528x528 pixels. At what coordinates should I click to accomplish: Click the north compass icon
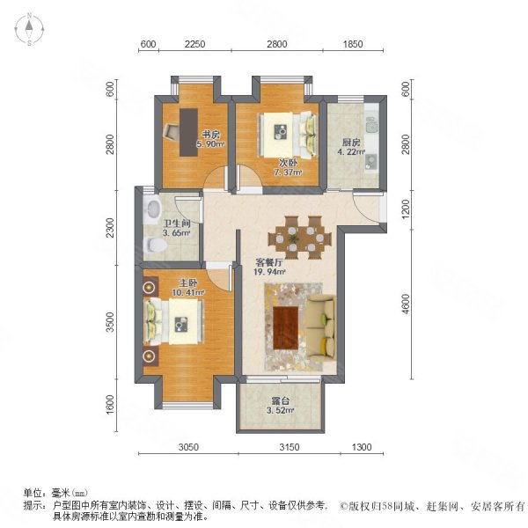point(28,30)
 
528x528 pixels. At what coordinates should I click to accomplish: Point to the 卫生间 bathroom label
point(178,223)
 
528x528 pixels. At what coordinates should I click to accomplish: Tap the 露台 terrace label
point(280,400)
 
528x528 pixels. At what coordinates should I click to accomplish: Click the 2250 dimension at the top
point(194,45)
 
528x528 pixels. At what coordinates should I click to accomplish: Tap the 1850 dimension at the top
point(352,45)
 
